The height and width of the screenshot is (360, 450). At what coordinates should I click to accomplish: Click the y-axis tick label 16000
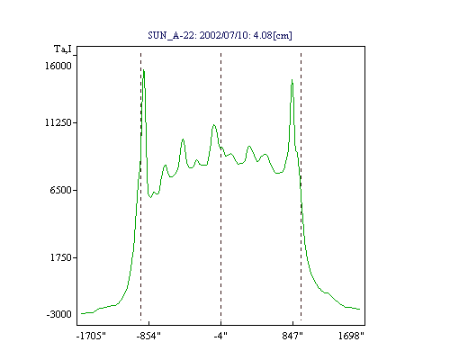pyautogui.click(x=58, y=66)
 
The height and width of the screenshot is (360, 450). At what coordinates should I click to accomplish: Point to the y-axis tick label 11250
pyautogui.click(x=58, y=122)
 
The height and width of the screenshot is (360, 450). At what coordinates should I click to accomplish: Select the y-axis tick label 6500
pyautogui.click(x=61, y=190)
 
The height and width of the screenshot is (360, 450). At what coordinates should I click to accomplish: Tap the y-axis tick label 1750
pyautogui.click(x=61, y=257)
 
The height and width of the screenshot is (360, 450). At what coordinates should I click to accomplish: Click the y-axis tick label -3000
pyautogui.click(x=59, y=314)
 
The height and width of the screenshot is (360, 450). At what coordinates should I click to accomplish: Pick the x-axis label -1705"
pyautogui.click(x=91, y=336)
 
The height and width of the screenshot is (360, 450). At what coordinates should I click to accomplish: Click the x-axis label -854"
pyautogui.click(x=148, y=336)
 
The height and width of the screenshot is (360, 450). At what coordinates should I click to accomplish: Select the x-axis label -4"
pyautogui.click(x=220, y=336)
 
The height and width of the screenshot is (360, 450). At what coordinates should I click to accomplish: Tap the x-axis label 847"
pyautogui.click(x=292, y=336)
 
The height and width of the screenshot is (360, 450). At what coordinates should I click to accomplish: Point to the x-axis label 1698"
pyautogui.click(x=351, y=336)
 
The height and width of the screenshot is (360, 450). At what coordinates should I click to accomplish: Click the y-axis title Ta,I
pyautogui.click(x=63, y=49)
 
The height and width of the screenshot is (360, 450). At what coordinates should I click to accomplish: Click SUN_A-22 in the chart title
pyautogui.click(x=171, y=35)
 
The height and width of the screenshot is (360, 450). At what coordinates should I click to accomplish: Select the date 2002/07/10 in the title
pyautogui.click(x=224, y=35)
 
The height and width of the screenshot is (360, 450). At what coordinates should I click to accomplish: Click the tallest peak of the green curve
pyautogui.click(x=144, y=70)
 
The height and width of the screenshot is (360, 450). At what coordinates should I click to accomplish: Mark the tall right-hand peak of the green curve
pyautogui.click(x=292, y=80)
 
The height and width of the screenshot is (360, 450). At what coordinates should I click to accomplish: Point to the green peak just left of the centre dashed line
pyautogui.click(x=213, y=124)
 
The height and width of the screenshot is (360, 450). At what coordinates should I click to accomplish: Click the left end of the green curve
pyautogui.click(x=81, y=313)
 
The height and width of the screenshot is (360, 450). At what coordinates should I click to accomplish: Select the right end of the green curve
pyautogui.click(x=360, y=309)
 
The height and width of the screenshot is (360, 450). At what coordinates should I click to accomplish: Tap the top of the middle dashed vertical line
pyautogui.click(x=220, y=53)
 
